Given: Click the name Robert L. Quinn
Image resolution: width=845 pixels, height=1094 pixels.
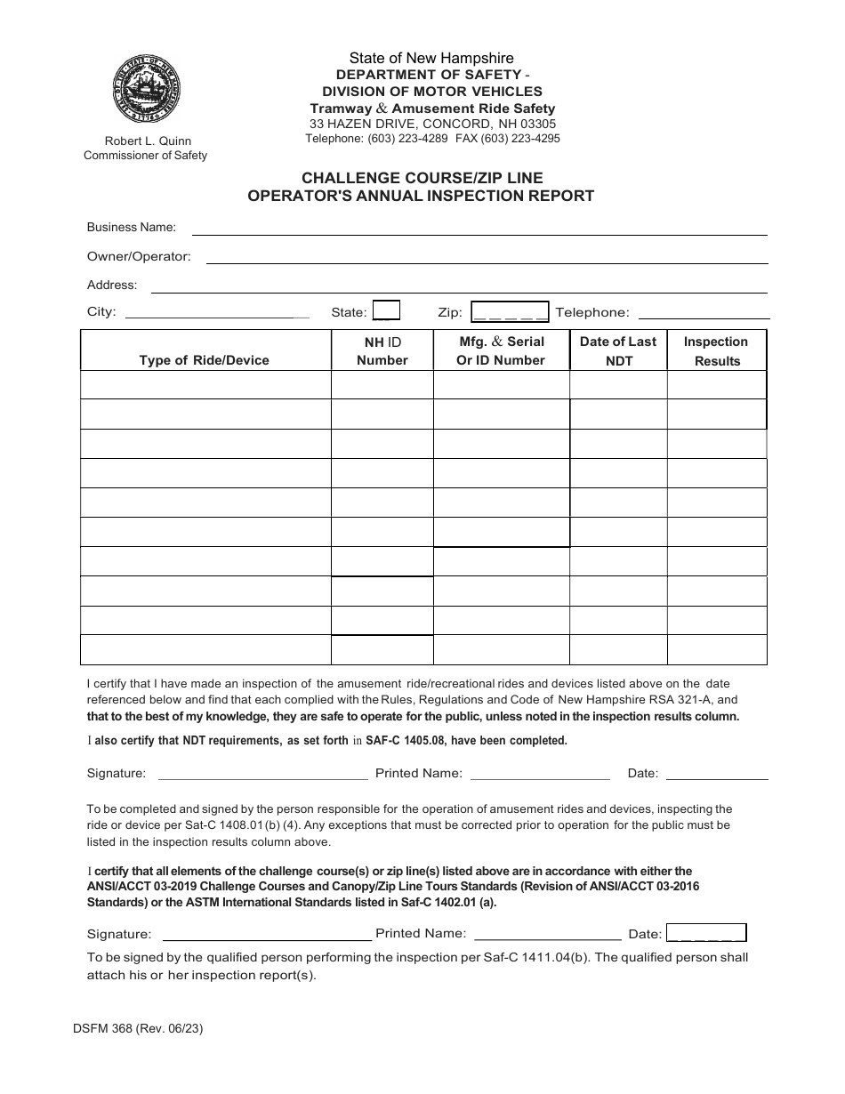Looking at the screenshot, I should pyautogui.click(x=148, y=141).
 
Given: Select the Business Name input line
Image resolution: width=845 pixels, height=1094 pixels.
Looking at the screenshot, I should pyautogui.click(x=479, y=229).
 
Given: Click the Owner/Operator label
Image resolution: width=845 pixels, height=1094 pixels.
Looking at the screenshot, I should pyautogui.click(x=139, y=256).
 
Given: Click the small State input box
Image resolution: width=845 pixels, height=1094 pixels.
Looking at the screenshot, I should pyautogui.click(x=386, y=310).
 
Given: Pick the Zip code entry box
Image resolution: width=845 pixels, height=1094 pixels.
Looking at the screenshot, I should pyautogui.click(x=510, y=311).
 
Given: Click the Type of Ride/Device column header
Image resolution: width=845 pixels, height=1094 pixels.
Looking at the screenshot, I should pyautogui.click(x=204, y=360).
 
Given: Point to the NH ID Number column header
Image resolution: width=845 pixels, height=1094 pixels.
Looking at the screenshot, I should pyautogui.click(x=382, y=350).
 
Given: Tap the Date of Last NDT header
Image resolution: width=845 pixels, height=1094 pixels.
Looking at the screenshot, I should pyautogui.click(x=618, y=350).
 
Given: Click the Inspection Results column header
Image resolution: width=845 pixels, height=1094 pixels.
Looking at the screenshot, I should pyautogui.click(x=716, y=350).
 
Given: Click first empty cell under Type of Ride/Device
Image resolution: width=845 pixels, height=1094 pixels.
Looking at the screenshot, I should pyautogui.click(x=205, y=385).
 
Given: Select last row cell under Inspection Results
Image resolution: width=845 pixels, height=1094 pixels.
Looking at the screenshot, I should pyautogui.click(x=716, y=649).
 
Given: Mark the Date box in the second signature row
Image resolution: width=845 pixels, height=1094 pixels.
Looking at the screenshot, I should pyautogui.click(x=705, y=933).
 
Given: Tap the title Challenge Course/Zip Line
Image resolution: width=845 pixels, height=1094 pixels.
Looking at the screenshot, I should pyautogui.click(x=421, y=178).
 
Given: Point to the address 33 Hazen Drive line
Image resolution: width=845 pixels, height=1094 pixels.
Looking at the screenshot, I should pyautogui.click(x=432, y=125).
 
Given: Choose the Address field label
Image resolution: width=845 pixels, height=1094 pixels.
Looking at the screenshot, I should pyautogui.click(x=112, y=286).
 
